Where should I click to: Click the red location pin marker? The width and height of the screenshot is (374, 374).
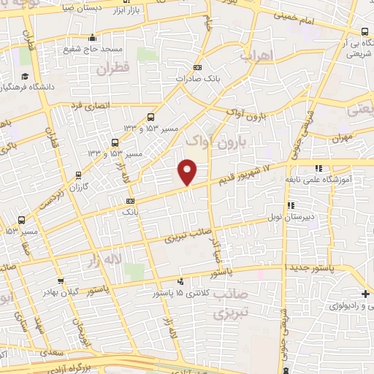[x=188, y=172]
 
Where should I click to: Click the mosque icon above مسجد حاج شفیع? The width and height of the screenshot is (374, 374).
[x=91, y=39]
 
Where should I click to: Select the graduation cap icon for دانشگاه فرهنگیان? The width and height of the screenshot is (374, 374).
[x=24, y=77]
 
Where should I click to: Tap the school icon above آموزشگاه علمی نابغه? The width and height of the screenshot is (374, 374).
[x=318, y=169]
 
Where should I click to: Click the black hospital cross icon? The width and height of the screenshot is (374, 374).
[x=365, y=294]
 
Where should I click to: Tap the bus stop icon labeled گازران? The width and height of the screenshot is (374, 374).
[x=78, y=175]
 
